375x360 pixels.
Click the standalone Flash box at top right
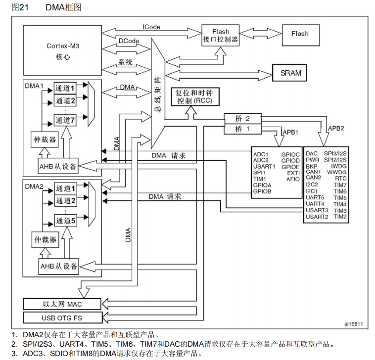coord(300,34)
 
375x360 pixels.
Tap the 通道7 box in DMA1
coord(65,120)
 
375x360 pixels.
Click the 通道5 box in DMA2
coord(65,221)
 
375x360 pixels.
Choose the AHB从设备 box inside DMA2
coord(59,267)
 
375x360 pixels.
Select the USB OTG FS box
coord(62,317)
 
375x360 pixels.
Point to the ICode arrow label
coord(151,27)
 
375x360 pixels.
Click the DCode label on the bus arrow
coord(128,40)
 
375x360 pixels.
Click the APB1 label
coord(289,133)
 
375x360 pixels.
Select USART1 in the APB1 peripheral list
coord(264,166)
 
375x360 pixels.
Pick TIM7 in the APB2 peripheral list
coord(340,185)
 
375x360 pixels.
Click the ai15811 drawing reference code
coord(354,324)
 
